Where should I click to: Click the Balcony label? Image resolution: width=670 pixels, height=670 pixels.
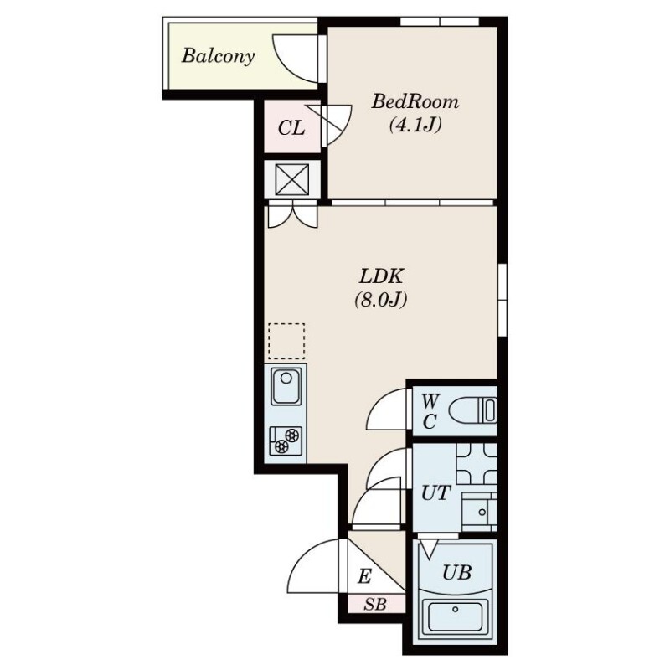point(219,56)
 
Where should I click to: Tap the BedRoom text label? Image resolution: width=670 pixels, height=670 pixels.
point(415,101)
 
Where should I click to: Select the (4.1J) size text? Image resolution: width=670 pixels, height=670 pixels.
point(415,125)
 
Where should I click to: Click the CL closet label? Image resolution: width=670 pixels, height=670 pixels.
point(291,127)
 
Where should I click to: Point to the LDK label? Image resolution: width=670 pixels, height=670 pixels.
point(381,276)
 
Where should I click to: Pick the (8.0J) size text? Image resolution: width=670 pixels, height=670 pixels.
point(380,300)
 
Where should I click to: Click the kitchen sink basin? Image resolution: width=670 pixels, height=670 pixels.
point(286,387)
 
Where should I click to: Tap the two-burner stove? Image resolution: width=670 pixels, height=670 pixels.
point(286,441)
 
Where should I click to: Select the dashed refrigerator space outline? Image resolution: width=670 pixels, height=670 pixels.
point(286,341)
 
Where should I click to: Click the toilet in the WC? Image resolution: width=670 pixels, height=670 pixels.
point(473,410)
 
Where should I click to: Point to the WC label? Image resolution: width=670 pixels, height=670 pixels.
point(430,411)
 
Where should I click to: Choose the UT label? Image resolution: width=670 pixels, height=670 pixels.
point(435,493)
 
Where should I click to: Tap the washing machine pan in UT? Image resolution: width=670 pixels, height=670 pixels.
point(477,464)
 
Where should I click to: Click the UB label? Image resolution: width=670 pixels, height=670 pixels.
point(456,572)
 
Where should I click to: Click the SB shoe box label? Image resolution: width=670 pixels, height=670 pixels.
point(375,605)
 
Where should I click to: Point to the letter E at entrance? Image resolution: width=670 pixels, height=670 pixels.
point(364,577)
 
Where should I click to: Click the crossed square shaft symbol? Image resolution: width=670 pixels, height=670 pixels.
point(291,179)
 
